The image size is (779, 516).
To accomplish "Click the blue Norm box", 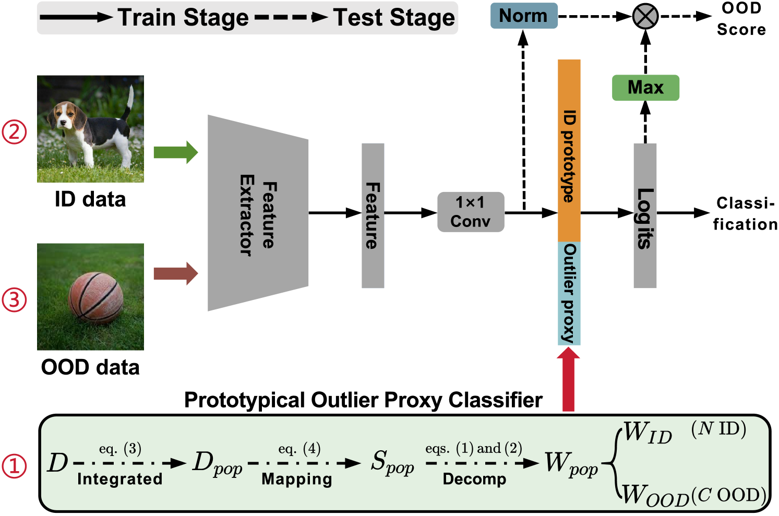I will coord(523,16).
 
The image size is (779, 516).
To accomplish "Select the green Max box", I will coord(645,88).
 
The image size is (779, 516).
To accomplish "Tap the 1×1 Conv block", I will coord(471,212).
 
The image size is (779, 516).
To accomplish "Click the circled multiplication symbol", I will coord(645,16).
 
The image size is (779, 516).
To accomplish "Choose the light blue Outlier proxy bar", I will coord(569,293).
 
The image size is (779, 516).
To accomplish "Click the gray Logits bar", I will coord(645,215).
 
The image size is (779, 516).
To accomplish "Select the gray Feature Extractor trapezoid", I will coord(258,213).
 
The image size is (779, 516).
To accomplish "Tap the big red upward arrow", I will coord(569,379).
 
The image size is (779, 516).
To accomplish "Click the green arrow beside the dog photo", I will coord(176,152).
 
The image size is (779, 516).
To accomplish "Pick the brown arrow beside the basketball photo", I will coord(176,273).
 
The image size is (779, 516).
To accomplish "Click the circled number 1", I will coord(14,465).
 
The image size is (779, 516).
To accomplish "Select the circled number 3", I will coord(14,300).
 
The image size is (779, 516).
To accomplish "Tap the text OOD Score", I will coord(741,19).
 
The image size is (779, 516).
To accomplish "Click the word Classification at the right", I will coord(745,213).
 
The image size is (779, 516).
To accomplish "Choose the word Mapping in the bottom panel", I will coord(297,479).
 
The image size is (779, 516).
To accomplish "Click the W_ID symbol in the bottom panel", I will coord(648,433).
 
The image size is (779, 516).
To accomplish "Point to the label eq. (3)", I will coord(120,449).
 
